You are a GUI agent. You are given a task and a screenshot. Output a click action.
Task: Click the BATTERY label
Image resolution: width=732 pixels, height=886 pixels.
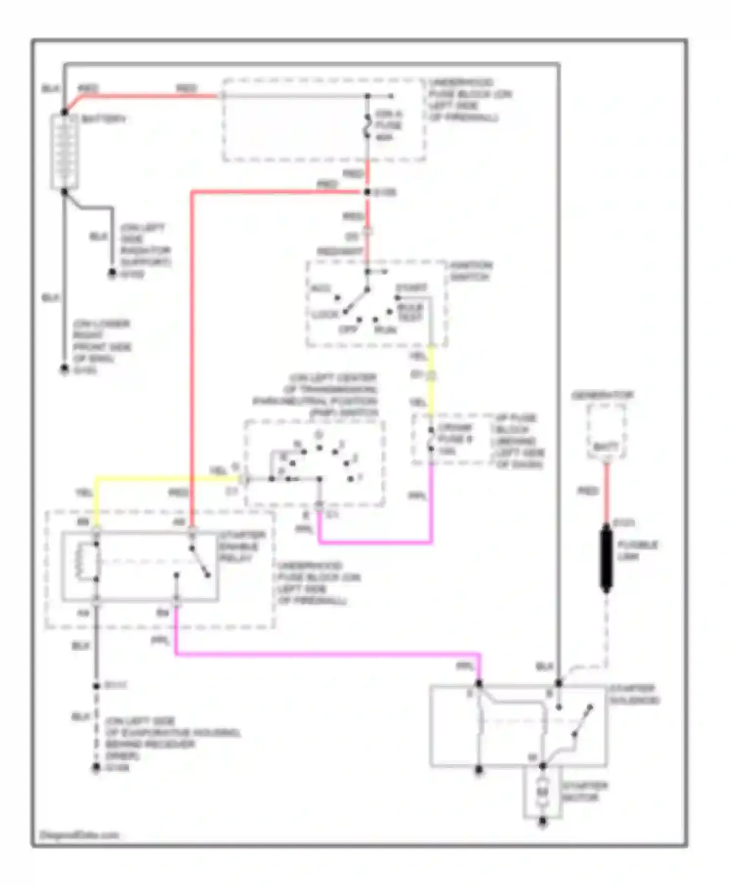(x=103, y=119)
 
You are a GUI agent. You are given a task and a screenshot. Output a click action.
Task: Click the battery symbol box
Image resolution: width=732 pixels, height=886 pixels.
(x=64, y=152)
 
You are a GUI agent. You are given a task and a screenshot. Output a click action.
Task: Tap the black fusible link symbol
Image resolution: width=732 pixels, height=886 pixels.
(x=606, y=558)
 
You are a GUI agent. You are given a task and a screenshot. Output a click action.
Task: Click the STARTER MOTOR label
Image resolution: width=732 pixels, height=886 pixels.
(x=584, y=792)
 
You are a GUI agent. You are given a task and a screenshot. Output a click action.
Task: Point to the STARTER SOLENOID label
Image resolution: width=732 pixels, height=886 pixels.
(x=633, y=695)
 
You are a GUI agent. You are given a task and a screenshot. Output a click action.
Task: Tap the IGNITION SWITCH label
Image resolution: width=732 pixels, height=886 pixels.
(x=471, y=271)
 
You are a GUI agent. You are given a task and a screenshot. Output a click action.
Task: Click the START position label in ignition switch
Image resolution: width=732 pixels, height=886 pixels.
(x=411, y=287)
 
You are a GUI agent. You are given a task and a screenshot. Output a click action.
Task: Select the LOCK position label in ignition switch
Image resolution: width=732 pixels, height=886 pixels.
(x=325, y=314)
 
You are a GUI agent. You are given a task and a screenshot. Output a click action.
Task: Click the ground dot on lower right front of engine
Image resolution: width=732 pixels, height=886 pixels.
(x=64, y=369)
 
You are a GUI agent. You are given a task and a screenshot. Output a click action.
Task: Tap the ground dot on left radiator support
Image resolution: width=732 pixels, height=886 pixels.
(x=112, y=274)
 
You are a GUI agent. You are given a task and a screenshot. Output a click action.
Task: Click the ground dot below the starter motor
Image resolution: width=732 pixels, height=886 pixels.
(x=542, y=823)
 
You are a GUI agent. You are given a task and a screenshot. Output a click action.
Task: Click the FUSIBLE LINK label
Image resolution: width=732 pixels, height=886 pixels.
(x=637, y=550)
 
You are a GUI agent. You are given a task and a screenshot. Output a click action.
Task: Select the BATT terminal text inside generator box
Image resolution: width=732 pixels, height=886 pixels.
(x=606, y=446)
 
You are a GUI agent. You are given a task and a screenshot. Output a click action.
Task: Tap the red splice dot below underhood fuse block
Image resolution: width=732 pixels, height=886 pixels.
(x=367, y=192)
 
